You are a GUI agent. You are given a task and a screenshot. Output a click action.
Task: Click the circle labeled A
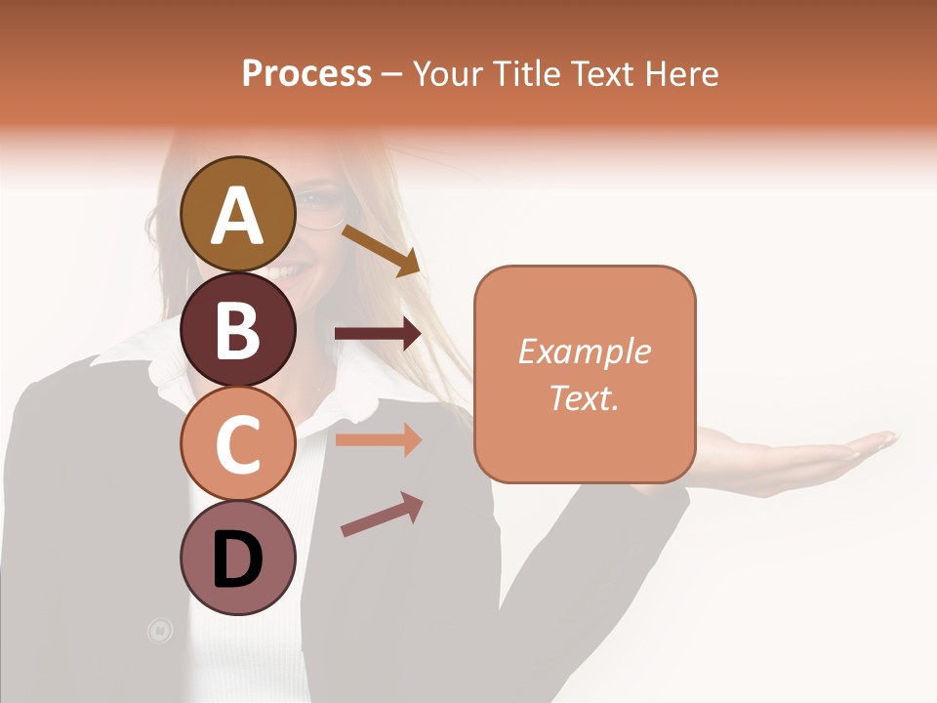[237, 214]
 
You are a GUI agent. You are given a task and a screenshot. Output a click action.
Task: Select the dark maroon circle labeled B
[237, 328]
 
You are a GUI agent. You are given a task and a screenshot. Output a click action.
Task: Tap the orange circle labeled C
[237, 443]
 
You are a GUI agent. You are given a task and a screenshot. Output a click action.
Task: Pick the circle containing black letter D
[237, 558]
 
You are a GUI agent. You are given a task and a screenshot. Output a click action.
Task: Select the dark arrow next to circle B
[378, 334]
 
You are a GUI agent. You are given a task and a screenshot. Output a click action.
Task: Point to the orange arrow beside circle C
[378, 439]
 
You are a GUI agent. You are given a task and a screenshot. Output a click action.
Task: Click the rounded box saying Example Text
[585, 374]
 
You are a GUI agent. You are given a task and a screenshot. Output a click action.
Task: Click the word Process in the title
[306, 73]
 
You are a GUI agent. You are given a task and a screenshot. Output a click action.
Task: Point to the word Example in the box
[585, 351]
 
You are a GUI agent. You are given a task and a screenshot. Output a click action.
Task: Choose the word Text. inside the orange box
[585, 397]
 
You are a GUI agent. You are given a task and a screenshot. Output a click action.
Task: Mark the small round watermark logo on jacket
[159, 631]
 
